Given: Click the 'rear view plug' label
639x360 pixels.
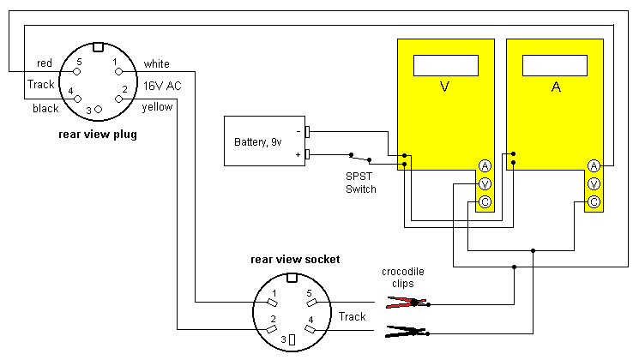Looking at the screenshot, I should pos(97,134).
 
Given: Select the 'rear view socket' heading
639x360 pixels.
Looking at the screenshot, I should pos(295,258).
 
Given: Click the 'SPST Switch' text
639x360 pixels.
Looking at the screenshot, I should pos(360,183).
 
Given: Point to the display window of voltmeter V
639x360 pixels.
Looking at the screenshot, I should pos(445,65).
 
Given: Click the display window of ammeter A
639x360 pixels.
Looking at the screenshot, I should pos(554,65).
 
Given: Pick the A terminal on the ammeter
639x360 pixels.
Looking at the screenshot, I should pos(593,165).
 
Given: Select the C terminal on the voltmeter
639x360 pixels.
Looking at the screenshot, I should pos(484,202).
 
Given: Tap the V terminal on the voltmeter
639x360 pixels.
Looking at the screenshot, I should pos(484,184).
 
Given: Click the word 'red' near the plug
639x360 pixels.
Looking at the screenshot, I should pos(46,63).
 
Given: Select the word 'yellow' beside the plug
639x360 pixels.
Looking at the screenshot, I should pos(158,107).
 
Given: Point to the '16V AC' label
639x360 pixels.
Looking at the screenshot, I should pos(163,86).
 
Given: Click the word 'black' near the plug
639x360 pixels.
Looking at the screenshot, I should pos(45,109).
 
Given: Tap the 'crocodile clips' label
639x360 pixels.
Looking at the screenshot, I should pos(403,278).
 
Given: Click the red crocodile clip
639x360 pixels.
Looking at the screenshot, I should pos(407,302).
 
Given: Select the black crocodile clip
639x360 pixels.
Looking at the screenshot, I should pos(407,331).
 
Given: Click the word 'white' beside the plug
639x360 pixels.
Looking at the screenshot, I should pos(156,63).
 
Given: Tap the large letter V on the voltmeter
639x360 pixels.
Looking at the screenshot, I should pos(444,87).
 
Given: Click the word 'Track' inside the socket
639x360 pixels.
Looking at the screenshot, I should pos(352,316).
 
